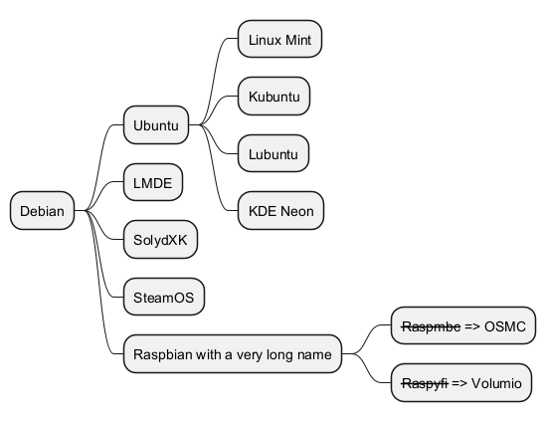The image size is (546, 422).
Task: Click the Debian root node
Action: [42, 210]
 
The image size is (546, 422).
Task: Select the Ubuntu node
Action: [156, 124]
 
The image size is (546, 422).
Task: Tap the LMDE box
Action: [153, 182]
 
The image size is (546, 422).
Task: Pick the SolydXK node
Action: [160, 240]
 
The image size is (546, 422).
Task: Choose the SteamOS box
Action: [164, 297]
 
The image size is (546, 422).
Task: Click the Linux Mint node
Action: [280, 39]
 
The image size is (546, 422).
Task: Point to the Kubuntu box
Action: [274, 97]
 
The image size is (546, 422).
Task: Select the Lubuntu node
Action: [273, 153]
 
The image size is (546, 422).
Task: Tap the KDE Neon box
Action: [281, 210]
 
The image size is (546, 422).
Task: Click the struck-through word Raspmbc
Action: [431, 326]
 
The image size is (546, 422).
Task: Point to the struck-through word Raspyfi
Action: [425, 383]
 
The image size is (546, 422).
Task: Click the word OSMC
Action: [505, 326]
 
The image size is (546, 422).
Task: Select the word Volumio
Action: [496, 383]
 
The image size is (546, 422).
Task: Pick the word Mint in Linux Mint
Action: [298, 40]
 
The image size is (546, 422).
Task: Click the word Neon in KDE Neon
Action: [297, 211]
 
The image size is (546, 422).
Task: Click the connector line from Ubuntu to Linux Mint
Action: [214, 81]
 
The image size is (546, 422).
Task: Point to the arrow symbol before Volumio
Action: [459, 383]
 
